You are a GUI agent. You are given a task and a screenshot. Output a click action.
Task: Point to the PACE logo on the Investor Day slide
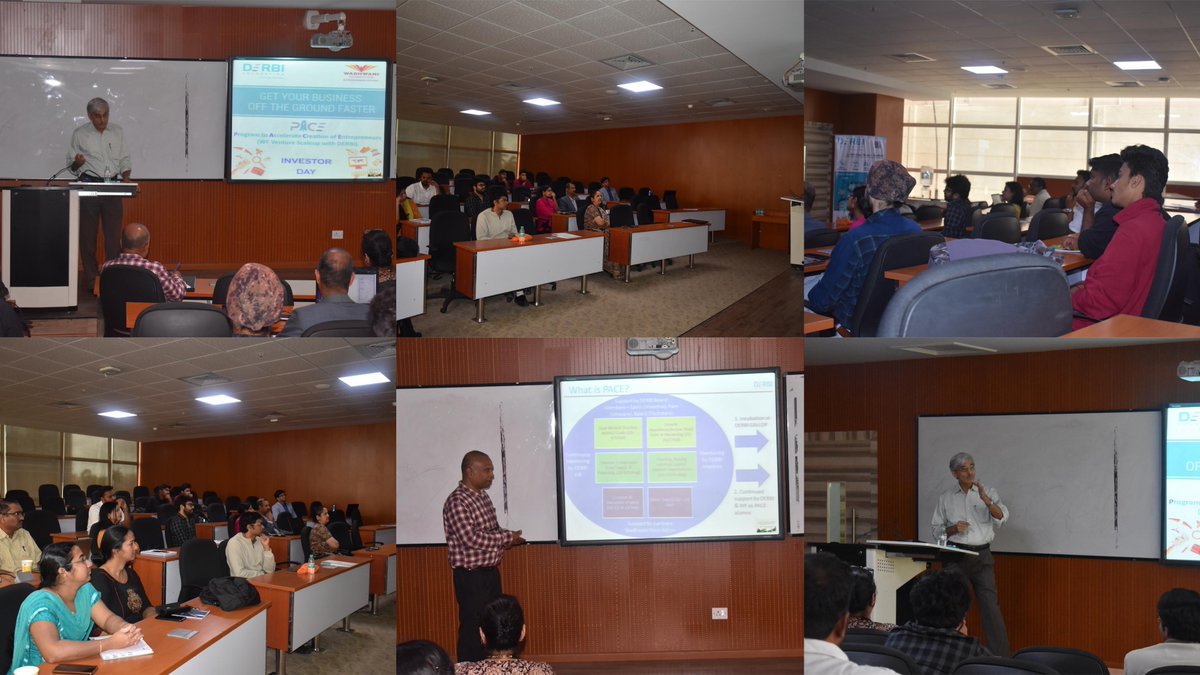[x=308, y=126]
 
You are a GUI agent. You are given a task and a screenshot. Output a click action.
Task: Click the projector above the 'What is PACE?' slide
[x=652, y=347]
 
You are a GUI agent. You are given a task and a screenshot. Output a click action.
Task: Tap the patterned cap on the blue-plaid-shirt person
[x=889, y=181]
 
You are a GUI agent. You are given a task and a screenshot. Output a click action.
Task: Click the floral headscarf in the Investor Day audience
[x=255, y=297]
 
